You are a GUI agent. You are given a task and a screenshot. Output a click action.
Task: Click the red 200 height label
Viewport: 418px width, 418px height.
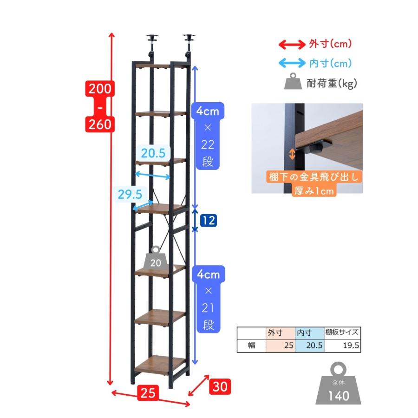click(x=100, y=89)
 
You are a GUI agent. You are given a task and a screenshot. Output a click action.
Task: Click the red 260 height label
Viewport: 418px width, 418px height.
click(x=100, y=124)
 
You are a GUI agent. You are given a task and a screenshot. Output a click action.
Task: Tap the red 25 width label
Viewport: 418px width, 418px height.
click(x=148, y=393)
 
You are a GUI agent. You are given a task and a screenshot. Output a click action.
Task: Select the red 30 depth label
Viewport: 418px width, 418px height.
click(x=220, y=386)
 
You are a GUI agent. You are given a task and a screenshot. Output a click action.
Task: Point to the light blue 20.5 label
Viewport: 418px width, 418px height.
click(x=153, y=153)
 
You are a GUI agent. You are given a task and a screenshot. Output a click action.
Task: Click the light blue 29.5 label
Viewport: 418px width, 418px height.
click(x=130, y=194)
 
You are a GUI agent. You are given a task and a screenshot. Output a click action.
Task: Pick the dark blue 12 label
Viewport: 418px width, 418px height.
click(x=209, y=221)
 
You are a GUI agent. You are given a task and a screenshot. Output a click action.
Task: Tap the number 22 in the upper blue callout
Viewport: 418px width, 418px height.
click(x=208, y=145)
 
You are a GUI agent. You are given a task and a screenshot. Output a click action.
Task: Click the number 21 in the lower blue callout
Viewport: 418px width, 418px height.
click(x=208, y=308)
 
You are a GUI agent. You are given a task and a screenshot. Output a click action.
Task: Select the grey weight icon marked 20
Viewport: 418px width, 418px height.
click(x=156, y=259)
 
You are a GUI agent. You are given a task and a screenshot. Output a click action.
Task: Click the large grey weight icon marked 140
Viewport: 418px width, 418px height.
click(x=338, y=384)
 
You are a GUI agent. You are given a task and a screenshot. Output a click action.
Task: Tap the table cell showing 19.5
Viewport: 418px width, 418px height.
click(x=342, y=346)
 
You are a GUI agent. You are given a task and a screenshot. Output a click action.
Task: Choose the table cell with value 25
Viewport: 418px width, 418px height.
click(x=281, y=346)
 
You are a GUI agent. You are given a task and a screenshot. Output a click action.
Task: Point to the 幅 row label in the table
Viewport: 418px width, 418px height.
click(x=251, y=346)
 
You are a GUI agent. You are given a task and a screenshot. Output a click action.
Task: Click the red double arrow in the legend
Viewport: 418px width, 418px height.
click(x=292, y=44)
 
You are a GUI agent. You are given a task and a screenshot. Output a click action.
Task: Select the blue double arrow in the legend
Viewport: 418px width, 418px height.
click(x=292, y=63)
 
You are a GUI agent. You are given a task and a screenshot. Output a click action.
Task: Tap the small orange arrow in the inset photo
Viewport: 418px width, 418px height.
click(x=292, y=154)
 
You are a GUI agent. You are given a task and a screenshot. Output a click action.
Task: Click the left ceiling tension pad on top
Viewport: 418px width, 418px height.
click(x=152, y=37)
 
